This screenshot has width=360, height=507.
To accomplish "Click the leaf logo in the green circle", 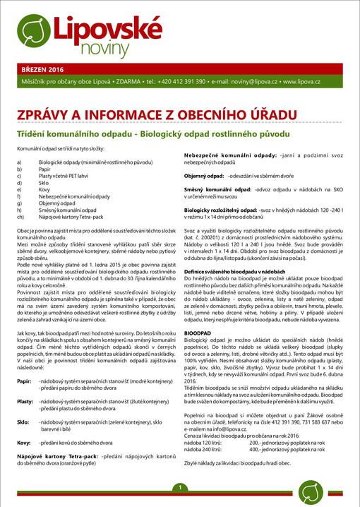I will pos(30,32).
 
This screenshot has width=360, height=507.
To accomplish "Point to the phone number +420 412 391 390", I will pos(181,83).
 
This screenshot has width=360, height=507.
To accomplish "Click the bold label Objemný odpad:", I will pos(204,174).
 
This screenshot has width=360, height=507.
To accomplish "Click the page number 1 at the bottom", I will pos(180,488).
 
